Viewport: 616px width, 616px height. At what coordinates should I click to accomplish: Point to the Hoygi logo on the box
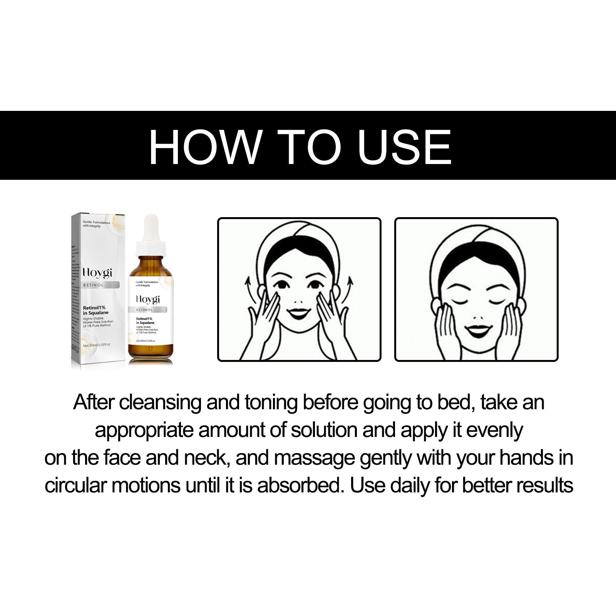click(98, 273)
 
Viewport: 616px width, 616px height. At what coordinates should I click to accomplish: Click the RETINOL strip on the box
click(101, 285)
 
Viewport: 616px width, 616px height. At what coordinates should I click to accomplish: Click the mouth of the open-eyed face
click(298, 311)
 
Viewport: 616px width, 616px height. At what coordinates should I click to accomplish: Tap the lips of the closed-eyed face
click(477, 330)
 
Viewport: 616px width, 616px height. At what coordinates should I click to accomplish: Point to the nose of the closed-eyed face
click(477, 318)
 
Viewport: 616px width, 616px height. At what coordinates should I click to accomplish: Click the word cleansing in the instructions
click(160, 403)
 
